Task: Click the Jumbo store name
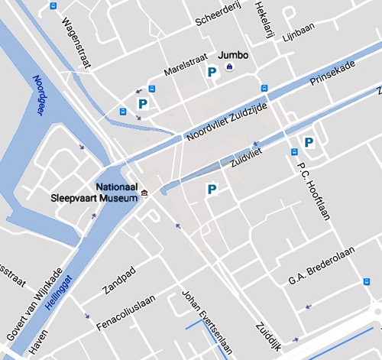coord(233,56)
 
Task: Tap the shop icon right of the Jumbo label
coord(229,71)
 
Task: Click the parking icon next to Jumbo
coord(212,72)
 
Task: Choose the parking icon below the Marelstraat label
coord(141,103)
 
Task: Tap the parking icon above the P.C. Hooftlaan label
coord(309,142)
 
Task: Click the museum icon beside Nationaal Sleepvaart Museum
coord(144,191)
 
